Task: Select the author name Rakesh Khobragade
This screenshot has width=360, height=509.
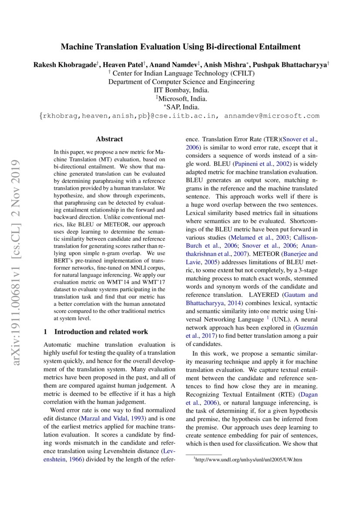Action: click(65, 64)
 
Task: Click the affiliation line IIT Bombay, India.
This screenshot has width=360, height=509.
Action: click(182, 90)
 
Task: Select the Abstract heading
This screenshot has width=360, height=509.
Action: click(109, 139)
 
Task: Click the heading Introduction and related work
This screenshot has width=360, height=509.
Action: click(101, 332)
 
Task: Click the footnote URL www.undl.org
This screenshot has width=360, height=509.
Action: click(249, 459)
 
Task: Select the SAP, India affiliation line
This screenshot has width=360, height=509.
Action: click(182, 107)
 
